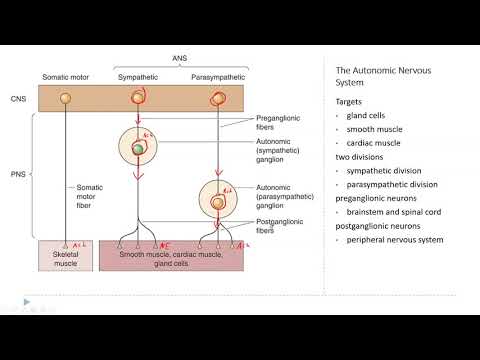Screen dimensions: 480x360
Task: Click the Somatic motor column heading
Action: (67, 77)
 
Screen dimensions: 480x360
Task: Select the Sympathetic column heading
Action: (138, 77)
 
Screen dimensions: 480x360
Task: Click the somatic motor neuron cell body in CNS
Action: (66, 98)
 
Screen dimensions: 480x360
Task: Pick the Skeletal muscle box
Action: (64, 256)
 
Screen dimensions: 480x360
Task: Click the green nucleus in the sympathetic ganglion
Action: (138, 149)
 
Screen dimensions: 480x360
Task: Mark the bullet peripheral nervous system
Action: (395, 240)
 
